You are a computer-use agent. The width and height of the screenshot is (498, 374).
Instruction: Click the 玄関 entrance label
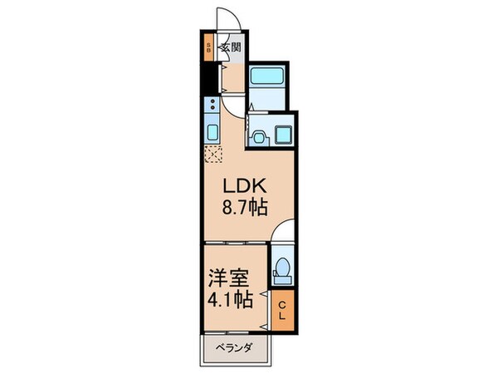click(231, 47)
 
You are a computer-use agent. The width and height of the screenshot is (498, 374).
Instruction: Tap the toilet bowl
click(282, 268)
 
